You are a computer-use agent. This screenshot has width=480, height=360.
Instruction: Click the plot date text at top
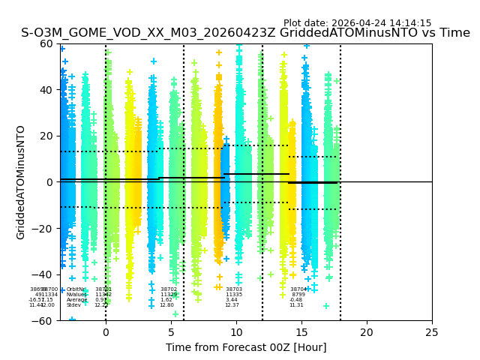(x=357, y=23)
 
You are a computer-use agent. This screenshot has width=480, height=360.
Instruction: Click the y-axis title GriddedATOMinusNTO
(x=21, y=182)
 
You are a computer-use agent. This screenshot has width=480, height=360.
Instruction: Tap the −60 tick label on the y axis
(x=42, y=320)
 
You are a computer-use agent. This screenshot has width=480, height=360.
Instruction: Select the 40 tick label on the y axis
(x=46, y=90)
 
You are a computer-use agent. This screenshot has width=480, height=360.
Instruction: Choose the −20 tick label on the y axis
(x=42, y=228)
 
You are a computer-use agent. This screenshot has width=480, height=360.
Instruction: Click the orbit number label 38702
(x=169, y=289)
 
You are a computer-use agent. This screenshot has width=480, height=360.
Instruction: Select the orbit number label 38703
(x=234, y=289)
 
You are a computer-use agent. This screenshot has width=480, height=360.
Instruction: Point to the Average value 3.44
(x=232, y=300)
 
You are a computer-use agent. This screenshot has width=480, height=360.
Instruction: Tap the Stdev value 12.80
(x=166, y=305)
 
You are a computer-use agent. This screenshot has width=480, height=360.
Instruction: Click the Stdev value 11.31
(x=297, y=305)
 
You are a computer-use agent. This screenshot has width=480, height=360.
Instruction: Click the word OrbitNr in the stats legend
(x=76, y=289)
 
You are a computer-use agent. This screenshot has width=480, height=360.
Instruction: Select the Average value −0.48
(x=296, y=300)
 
